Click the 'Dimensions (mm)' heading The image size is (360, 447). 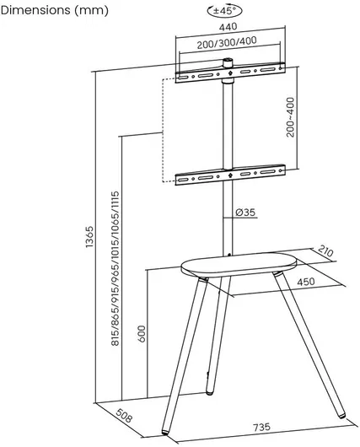click(x=55, y=11)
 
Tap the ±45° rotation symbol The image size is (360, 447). click(x=225, y=11)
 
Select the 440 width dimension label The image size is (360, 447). click(x=228, y=26)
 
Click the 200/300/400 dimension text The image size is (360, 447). click(x=227, y=42)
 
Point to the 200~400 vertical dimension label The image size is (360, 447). click(x=290, y=117)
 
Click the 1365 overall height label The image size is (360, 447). click(x=89, y=236)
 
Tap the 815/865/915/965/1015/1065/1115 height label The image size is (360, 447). click(x=116, y=268)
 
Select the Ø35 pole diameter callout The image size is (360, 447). click(x=245, y=213)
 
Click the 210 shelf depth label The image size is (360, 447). click(x=325, y=251)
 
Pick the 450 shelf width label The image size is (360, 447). click(x=306, y=282)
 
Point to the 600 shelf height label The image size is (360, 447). click(x=142, y=333)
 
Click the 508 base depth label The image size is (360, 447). click(x=124, y=416)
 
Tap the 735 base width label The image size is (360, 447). click(x=261, y=427)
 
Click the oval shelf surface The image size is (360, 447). click(x=239, y=264)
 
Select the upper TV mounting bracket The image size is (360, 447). click(x=230, y=73)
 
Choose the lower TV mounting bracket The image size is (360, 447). click(x=230, y=175)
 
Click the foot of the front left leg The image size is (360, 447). click(x=165, y=432)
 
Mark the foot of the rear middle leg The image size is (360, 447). click(x=209, y=392)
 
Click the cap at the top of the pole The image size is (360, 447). click(x=228, y=62)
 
